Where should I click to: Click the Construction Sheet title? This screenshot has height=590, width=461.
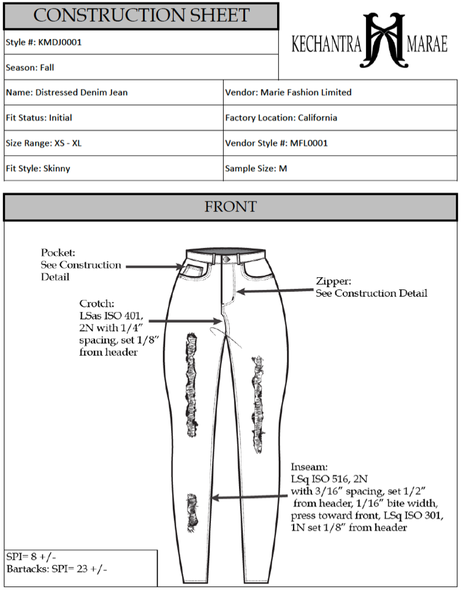[x=141, y=15]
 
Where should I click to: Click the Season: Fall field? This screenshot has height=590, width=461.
[x=30, y=67]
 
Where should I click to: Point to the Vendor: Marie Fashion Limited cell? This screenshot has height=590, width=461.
[x=288, y=93]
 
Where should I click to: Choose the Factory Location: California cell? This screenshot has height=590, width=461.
[x=281, y=118]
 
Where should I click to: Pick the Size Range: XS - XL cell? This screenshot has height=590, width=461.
[x=44, y=143]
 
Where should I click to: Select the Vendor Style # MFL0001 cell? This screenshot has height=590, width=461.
[x=276, y=143]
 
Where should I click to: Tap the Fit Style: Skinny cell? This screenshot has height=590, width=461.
[x=37, y=168]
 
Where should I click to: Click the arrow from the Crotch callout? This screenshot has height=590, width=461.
[x=184, y=321]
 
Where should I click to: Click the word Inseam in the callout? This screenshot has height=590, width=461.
[x=309, y=467]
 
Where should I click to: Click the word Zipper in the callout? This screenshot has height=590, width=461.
[x=333, y=282]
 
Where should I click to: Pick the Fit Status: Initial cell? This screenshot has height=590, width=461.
[x=39, y=118]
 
